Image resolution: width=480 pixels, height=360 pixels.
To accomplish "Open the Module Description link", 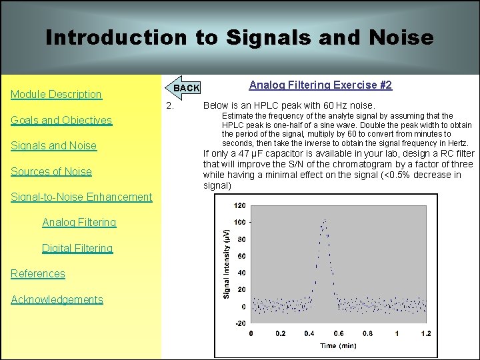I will pyautogui.click(x=56, y=94).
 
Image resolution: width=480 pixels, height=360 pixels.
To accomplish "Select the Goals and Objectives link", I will pyautogui.click(x=61, y=120).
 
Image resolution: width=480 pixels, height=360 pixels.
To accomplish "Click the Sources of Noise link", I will pyautogui.click(x=51, y=171).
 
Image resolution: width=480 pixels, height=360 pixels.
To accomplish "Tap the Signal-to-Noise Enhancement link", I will pyautogui.click(x=81, y=197).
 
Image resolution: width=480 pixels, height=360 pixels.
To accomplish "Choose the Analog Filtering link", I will pyautogui.click(x=79, y=222).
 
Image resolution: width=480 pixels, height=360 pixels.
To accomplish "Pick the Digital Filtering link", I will pyautogui.click(x=77, y=248).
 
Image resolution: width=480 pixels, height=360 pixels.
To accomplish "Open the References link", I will pyautogui.click(x=38, y=273).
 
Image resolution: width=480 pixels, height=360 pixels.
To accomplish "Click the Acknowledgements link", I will pyautogui.click(x=57, y=299).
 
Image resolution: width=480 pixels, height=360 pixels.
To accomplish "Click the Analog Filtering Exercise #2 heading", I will pyautogui.click(x=320, y=85).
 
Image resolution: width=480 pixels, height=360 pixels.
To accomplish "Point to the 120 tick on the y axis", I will pyautogui.click(x=239, y=205).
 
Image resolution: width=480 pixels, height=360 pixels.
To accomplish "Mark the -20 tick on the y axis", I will pyautogui.click(x=239, y=324).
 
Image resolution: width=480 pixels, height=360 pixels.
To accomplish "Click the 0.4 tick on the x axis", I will pyautogui.click(x=309, y=333).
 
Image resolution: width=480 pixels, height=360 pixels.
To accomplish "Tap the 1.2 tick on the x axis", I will pyautogui.click(x=425, y=333).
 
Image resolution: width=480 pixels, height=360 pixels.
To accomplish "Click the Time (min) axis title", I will pyautogui.click(x=337, y=345).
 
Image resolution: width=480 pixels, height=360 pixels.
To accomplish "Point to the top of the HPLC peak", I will pyautogui.click(x=325, y=220).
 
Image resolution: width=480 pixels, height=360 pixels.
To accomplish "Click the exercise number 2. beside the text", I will pyautogui.click(x=170, y=105).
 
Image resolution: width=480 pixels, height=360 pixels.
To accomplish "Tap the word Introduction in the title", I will pyautogui.click(x=117, y=37).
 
